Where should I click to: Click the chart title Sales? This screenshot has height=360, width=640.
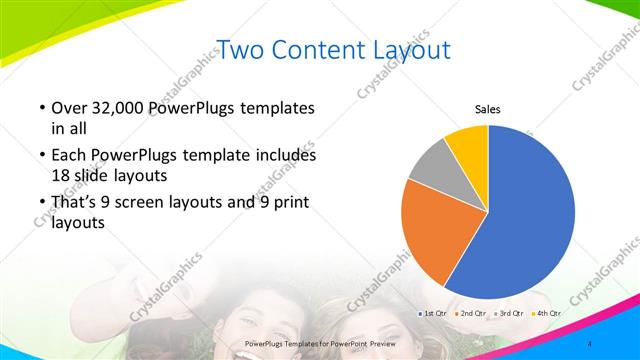click(487, 110)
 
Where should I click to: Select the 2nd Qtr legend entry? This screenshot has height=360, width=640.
click(472, 314)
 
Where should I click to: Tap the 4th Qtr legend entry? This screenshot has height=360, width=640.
click(546, 314)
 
